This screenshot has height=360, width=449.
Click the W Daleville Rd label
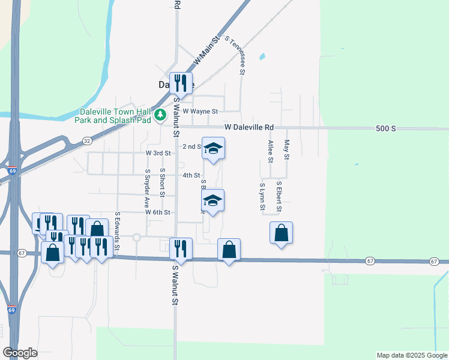(249, 128)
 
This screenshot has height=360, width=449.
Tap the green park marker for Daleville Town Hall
(160, 115)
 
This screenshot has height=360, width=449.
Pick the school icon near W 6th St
(212, 200)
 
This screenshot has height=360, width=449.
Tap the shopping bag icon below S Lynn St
(281, 233)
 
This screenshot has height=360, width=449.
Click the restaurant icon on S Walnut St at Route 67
(181, 248)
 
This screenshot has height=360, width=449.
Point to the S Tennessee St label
(235, 55)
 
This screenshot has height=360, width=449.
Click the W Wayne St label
(200, 111)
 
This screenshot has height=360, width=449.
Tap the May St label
(287, 150)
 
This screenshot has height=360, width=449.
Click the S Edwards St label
(118, 230)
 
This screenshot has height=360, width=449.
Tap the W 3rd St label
(158, 153)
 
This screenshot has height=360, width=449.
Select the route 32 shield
(87, 140)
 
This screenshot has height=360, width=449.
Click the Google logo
(20, 353)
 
